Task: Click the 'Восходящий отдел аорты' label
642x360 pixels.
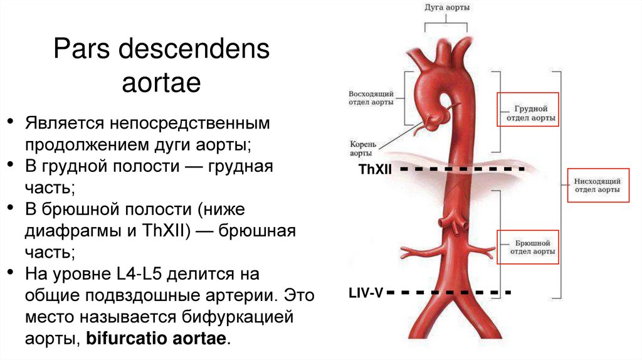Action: [x=371, y=98]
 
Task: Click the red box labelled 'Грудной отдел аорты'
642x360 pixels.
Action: [x=527, y=109]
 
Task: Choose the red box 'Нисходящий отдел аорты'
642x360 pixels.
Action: [x=597, y=185]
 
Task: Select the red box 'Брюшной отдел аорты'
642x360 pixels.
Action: [x=527, y=245]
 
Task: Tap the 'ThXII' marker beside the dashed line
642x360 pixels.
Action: [x=375, y=169]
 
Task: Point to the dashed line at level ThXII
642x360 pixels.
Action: [x=461, y=169]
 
